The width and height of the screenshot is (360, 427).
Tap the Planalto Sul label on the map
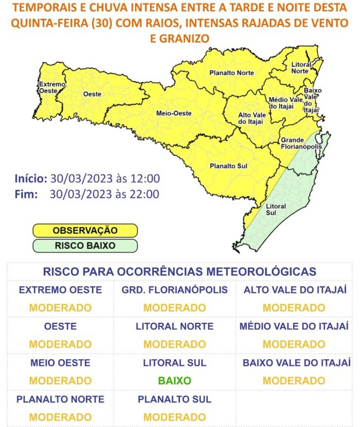pos(229,165)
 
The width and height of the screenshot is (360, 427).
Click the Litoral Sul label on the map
pos(276,209)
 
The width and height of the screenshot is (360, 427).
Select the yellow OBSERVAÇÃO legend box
pos(85,230)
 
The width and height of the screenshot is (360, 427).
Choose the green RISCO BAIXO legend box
pos(85,246)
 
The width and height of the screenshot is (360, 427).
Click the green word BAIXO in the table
pos(175,381)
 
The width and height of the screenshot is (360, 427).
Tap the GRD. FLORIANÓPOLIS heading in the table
pos(175,290)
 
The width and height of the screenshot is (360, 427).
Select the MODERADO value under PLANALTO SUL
pos(175,417)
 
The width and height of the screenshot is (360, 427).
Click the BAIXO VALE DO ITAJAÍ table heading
pos(296,363)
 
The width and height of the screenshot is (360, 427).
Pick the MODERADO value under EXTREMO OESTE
pos(60,308)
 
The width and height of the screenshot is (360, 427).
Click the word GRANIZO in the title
pos(179,38)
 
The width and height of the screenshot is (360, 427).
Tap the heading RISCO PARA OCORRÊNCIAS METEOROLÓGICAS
pos(179,271)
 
